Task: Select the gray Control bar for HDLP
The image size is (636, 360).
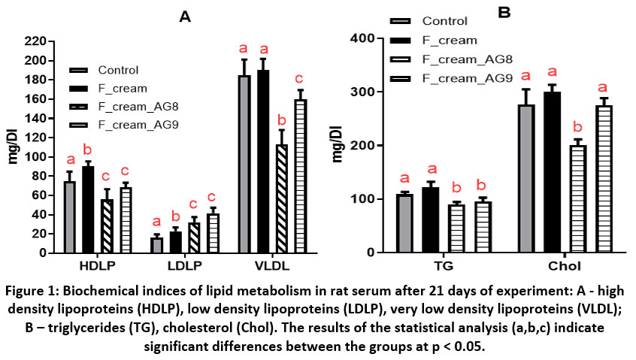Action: pos(69,217)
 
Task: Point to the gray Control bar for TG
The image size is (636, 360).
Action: pos(405,223)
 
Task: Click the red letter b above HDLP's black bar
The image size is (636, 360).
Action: pos(88,149)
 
